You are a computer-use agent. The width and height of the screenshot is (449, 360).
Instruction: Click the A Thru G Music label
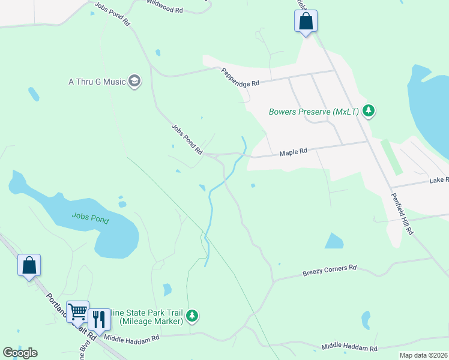(x=97, y=82)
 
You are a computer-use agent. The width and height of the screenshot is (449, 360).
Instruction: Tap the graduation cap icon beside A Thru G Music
(x=134, y=81)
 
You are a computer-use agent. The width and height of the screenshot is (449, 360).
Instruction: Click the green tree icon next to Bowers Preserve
(x=369, y=111)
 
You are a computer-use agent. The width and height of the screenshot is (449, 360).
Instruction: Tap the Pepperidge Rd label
(x=240, y=76)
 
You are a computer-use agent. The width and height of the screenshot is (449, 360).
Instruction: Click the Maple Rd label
(x=294, y=152)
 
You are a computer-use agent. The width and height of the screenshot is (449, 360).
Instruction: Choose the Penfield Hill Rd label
(x=402, y=213)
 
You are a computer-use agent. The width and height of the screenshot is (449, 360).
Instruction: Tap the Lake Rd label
(x=439, y=180)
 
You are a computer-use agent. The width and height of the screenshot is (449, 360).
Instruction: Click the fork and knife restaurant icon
(x=99, y=319)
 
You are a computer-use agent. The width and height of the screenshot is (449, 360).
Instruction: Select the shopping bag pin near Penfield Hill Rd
(x=306, y=22)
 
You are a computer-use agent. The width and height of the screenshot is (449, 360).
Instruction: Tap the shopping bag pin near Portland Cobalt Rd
(x=29, y=265)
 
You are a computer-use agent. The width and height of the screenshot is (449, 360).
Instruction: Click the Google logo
(x=20, y=353)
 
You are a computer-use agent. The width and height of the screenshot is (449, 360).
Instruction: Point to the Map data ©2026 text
(x=423, y=355)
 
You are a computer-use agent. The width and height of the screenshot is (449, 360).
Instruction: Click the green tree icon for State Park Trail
(x=192, y=314)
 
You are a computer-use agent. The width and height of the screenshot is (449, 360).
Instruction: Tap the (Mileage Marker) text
(x=151, y=322)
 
